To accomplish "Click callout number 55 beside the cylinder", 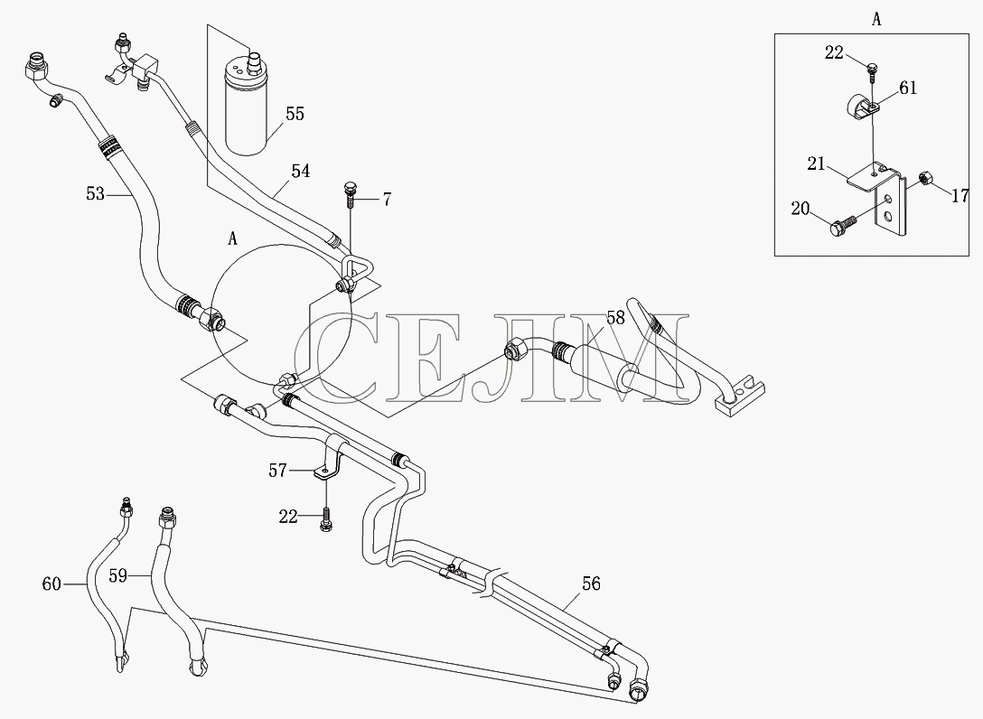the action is [x=295, y=114].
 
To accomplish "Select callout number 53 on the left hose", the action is [x=95, y=194].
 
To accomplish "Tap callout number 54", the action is [x=301, y=171].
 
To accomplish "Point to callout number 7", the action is [x=387, y=200].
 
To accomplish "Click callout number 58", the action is [x=615, y=319].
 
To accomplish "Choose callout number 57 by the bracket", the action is [x=277, y=471].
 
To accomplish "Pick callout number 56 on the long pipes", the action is [x=591, y=584].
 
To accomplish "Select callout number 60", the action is [x=51, y=584].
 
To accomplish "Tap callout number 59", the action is [x=118, y=575].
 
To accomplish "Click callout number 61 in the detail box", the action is [x=908, y=89].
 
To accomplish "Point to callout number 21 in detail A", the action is [x=816, y=164].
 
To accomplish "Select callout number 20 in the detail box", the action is [x=800, y=209].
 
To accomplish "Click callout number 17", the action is [x=960, y=196].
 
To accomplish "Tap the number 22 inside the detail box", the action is [x=834, y=53].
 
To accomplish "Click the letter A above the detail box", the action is [x=876, y=20].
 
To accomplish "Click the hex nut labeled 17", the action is [x=923, y=179].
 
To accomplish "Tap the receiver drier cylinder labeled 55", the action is [x=248, y=103].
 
